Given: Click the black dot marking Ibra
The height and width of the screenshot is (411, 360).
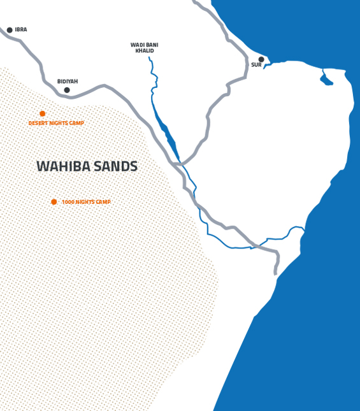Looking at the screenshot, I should point(10,30).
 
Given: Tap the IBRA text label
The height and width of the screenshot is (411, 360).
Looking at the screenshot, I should point(21,30).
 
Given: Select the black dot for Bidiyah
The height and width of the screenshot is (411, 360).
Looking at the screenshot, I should point(67,90).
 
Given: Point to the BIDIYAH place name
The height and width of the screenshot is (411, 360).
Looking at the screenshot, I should point(68,82).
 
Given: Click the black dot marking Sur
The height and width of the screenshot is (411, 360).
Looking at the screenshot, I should point(261,59).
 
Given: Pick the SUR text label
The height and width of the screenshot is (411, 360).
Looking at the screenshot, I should point(256,66).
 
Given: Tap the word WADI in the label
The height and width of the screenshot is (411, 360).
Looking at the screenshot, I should point(136,45).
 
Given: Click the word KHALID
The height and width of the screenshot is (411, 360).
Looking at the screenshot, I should point(145,51).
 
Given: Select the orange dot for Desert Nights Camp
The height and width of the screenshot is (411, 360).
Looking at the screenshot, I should point(43,113).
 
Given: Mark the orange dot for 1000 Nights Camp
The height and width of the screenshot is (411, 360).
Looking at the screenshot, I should point(54,202).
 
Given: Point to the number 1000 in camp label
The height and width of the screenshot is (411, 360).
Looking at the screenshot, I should point(68,202).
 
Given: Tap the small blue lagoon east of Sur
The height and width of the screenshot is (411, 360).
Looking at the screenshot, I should point(326,79).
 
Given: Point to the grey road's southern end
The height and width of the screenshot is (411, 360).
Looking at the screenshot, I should point(276,273).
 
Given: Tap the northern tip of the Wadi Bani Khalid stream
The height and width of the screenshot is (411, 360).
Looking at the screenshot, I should point(150,58).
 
